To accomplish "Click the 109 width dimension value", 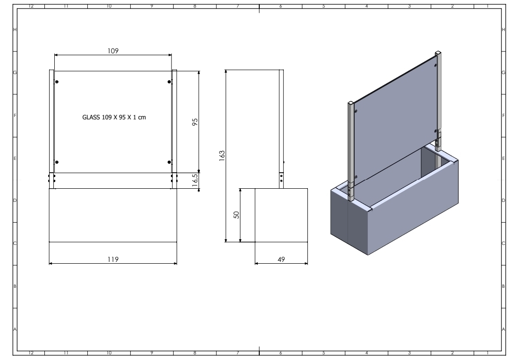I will (x=113, y=50).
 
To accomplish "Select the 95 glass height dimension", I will (x=194, y=122).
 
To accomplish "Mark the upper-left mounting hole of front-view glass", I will (x=57, y=82).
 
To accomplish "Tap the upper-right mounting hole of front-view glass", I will (x=170, y=82).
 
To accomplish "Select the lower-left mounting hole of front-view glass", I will (x=57, y=162).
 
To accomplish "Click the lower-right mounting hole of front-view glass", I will (x=170, y=162).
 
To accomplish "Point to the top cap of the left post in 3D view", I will (x=351, y=102).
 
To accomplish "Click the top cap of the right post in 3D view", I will (x=439, y=52).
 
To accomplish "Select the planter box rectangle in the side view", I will (x=281, y=215).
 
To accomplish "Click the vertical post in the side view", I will (x=281, y=127).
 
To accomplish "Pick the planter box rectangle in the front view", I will (x=113, y=215).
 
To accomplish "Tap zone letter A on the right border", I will (x=504, y=329).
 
